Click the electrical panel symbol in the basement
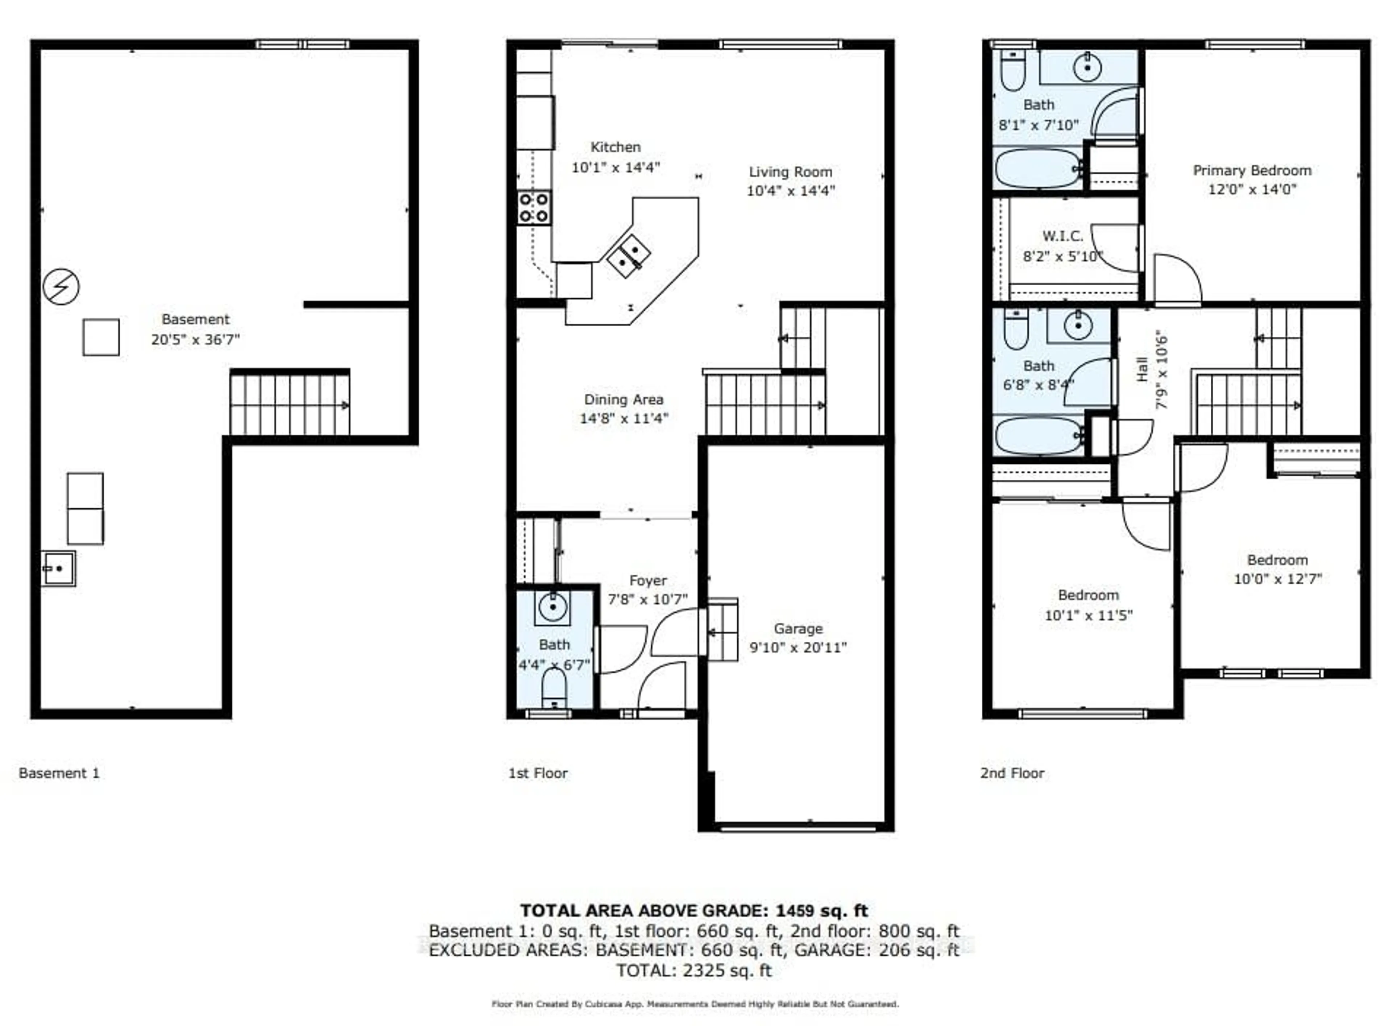61,286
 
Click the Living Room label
790,172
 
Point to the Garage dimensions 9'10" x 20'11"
798,648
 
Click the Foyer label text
647,581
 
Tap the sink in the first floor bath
552,607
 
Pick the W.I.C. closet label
1062,236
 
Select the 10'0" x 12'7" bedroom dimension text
1277,579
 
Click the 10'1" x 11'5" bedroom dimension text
1088,616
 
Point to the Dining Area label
623,400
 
